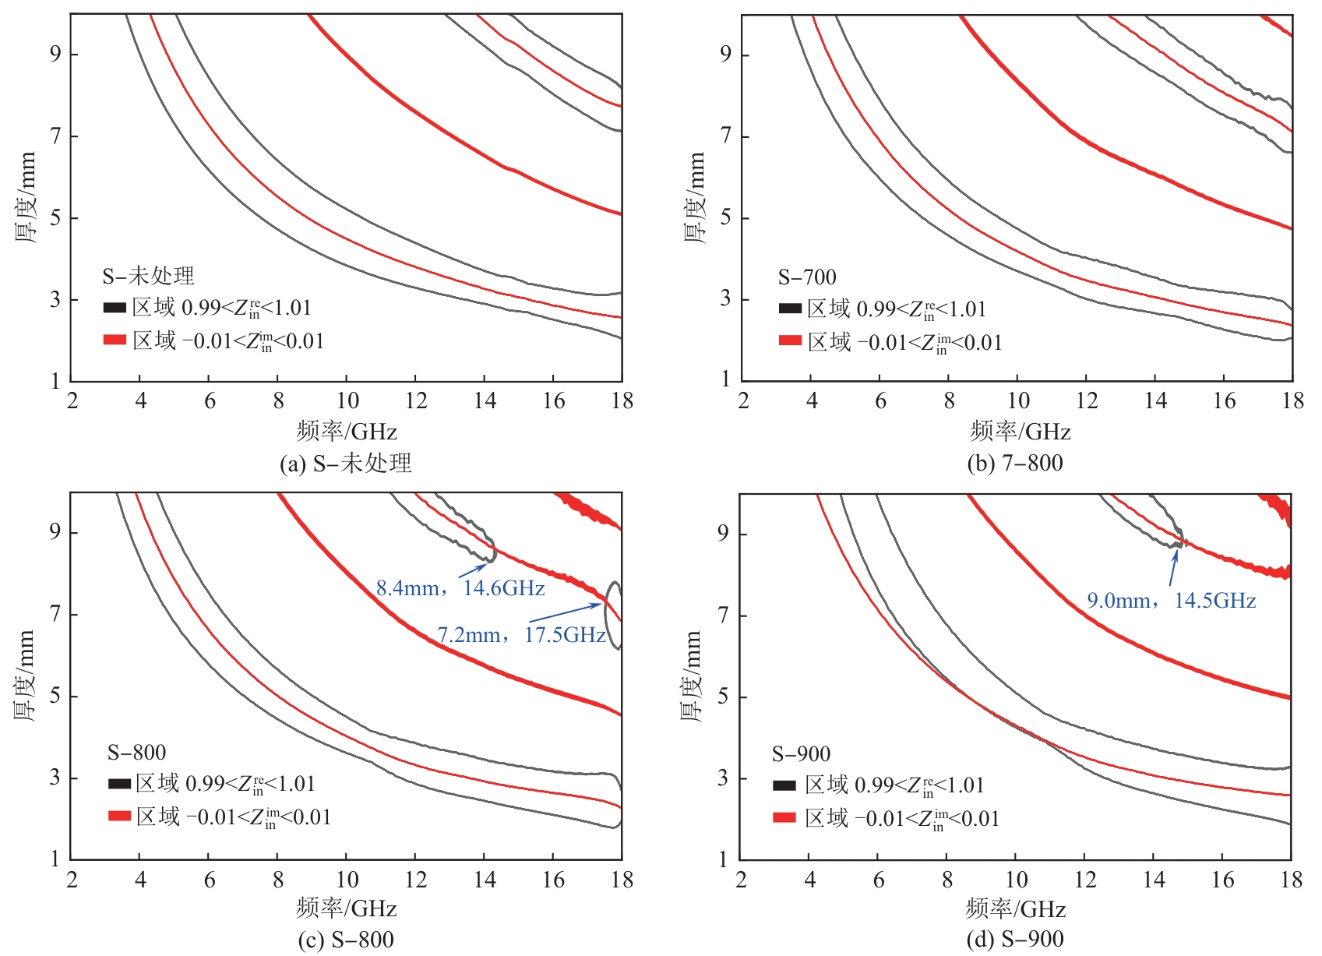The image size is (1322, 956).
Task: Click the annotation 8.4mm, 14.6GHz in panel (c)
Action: (x=460, y=587)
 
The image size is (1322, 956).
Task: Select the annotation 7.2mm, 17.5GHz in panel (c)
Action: (x=521, y=635)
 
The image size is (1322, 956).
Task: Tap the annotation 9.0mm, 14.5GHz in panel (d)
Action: (x=1171, y=600)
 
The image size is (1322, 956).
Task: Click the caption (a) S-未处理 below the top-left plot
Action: (x=345, y=463)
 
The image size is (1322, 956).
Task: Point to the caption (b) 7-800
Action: (x=1014, y=463)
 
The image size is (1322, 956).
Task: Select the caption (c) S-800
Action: (x=345, y=940)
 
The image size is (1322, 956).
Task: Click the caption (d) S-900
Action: (x=1014, y=940)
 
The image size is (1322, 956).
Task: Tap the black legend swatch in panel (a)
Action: (x=115, y=308)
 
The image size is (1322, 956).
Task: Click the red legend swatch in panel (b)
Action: (x=790, y=340)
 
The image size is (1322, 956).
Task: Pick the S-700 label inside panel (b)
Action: (x=807, y=277)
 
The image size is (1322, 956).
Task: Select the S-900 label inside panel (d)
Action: (x=801, y=753)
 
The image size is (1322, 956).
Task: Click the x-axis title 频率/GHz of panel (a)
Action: (x=347, y=431)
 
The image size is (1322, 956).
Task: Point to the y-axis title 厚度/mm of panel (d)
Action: (x=692, y=676)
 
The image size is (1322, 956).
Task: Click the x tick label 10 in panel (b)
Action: (x=1017, y=401)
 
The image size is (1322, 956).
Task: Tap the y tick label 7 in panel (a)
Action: (x=55, y=136)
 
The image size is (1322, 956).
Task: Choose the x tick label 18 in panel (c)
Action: (x=622, y=880)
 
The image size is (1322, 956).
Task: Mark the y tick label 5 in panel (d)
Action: (x=724, y=697)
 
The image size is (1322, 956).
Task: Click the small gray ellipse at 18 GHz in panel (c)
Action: (x=615, y=616)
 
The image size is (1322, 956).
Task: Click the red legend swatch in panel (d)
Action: (x=784, y=817)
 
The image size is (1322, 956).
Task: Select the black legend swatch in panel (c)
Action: (x=119, y=783)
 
